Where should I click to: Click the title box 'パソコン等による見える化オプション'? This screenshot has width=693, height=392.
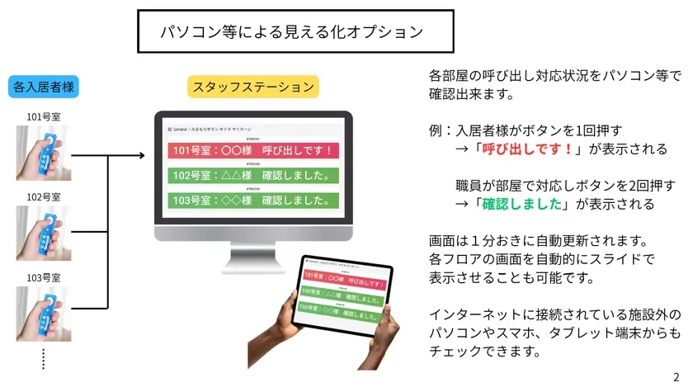coord(295,32)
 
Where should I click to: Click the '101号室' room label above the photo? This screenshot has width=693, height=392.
coord(44,116)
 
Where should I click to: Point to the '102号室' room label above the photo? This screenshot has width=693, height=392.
coord(44,197)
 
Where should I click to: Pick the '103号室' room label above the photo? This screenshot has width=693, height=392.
coord(44,278)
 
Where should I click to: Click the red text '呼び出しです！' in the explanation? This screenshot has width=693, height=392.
coord(523,149)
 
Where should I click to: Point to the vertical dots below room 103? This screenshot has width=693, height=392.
coord(43,357)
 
